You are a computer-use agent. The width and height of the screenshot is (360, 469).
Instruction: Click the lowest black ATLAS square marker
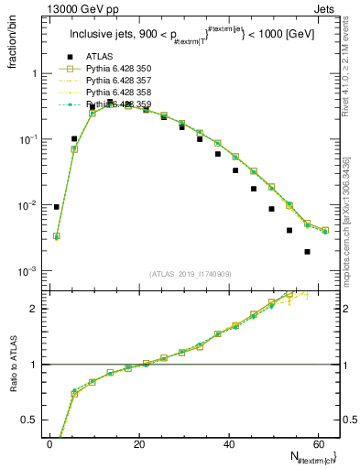point(307,251)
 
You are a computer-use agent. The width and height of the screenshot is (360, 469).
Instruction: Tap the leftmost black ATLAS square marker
point(57,207)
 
